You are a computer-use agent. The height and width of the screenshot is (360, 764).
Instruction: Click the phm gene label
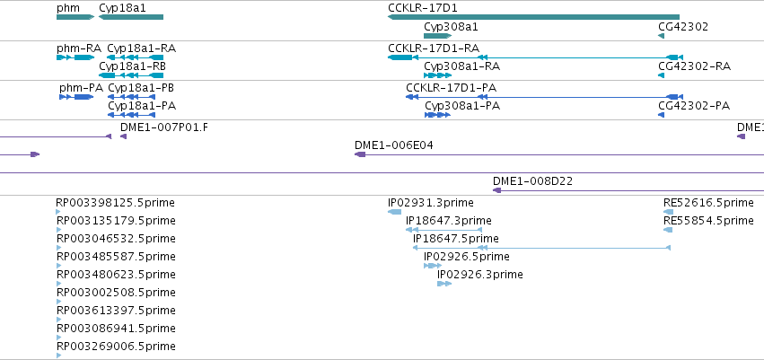(67, 8)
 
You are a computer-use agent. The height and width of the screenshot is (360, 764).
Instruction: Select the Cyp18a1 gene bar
(131, 17)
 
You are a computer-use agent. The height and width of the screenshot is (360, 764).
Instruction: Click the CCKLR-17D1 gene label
(423, 8)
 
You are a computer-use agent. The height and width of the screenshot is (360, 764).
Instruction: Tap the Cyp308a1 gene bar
(437, 36)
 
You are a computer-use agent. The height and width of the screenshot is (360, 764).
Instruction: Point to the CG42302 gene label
(683, 27)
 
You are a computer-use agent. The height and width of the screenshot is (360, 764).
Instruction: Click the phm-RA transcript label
(79, 48)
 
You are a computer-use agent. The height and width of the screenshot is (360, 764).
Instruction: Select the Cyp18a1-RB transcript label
(132, 66)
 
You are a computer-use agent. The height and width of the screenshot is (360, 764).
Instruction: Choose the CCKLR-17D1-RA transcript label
(434, 48)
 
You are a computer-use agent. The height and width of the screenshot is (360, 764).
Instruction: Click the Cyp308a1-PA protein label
(462, 106)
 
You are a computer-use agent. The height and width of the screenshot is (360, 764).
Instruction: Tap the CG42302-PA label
(694, 106)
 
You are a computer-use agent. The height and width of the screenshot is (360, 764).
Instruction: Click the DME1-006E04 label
(394, 145)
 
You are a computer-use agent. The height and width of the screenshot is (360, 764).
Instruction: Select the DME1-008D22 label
(532, 181)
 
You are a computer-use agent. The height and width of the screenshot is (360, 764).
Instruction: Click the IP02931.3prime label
(431, 203)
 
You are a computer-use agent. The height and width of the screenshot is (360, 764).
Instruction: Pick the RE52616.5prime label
(708, 203)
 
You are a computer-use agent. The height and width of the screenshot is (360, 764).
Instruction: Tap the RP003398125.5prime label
(116, 203)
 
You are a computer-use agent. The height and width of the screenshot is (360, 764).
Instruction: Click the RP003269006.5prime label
(116, 347)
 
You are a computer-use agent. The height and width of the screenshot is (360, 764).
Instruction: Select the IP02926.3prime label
(480, 275)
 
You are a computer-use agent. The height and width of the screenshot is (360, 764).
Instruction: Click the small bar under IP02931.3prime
(395, 211)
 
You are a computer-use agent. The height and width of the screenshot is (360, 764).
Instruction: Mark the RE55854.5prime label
(708, 221)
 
